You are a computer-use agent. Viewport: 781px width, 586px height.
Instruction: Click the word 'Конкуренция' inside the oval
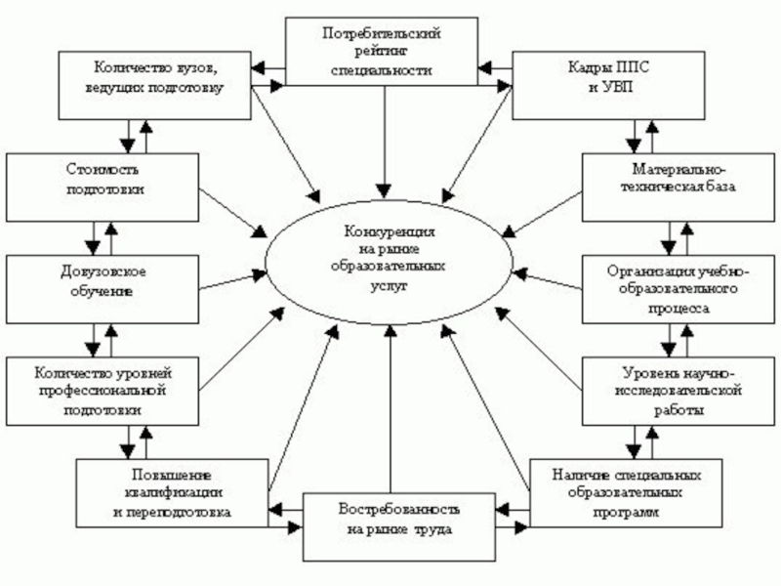389,234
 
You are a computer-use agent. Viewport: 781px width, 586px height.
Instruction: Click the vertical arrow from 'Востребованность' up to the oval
390,410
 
